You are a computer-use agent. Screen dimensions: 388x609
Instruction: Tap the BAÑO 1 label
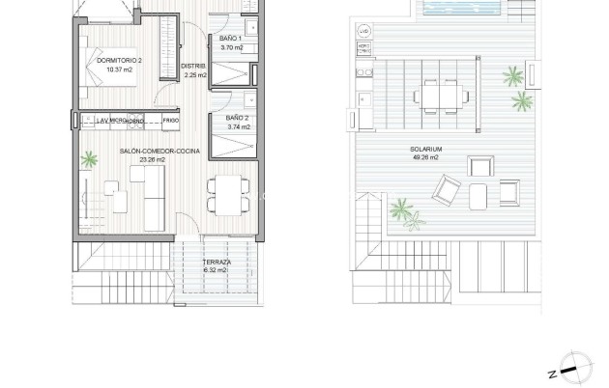(x=231, y=38)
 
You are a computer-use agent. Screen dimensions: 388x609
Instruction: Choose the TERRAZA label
(x=217, y=263)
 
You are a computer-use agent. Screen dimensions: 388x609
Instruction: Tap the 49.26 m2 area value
(x=425, y=157)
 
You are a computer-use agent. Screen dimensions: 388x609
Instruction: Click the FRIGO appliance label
(x=170, y=121)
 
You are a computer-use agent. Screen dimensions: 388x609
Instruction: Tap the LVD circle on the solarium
(x=364, y=33)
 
